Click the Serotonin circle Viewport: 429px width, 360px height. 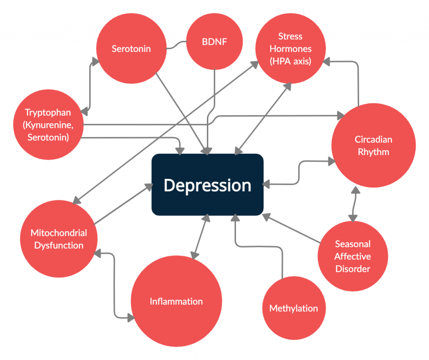point(131,49)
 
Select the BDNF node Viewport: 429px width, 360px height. point(214,42)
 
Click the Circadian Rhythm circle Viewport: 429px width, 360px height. point(373,145)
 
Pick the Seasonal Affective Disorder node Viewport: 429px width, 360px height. point(352,256)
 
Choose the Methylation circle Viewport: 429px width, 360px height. point(293,309)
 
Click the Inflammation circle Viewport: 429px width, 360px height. point(176,301)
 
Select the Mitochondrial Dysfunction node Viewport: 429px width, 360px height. point(59,239)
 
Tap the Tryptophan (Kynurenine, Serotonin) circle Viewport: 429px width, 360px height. point(48,125)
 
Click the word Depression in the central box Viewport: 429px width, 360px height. point(207,185)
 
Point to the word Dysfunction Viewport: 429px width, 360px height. point(59,246)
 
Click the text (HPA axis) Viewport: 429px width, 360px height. point(290,61)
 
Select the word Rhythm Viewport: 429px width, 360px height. point(373,152)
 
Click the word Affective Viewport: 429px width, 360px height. point(352,256)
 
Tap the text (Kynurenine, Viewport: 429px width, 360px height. point(48,125)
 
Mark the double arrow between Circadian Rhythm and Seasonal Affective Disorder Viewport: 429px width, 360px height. point(354,204)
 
